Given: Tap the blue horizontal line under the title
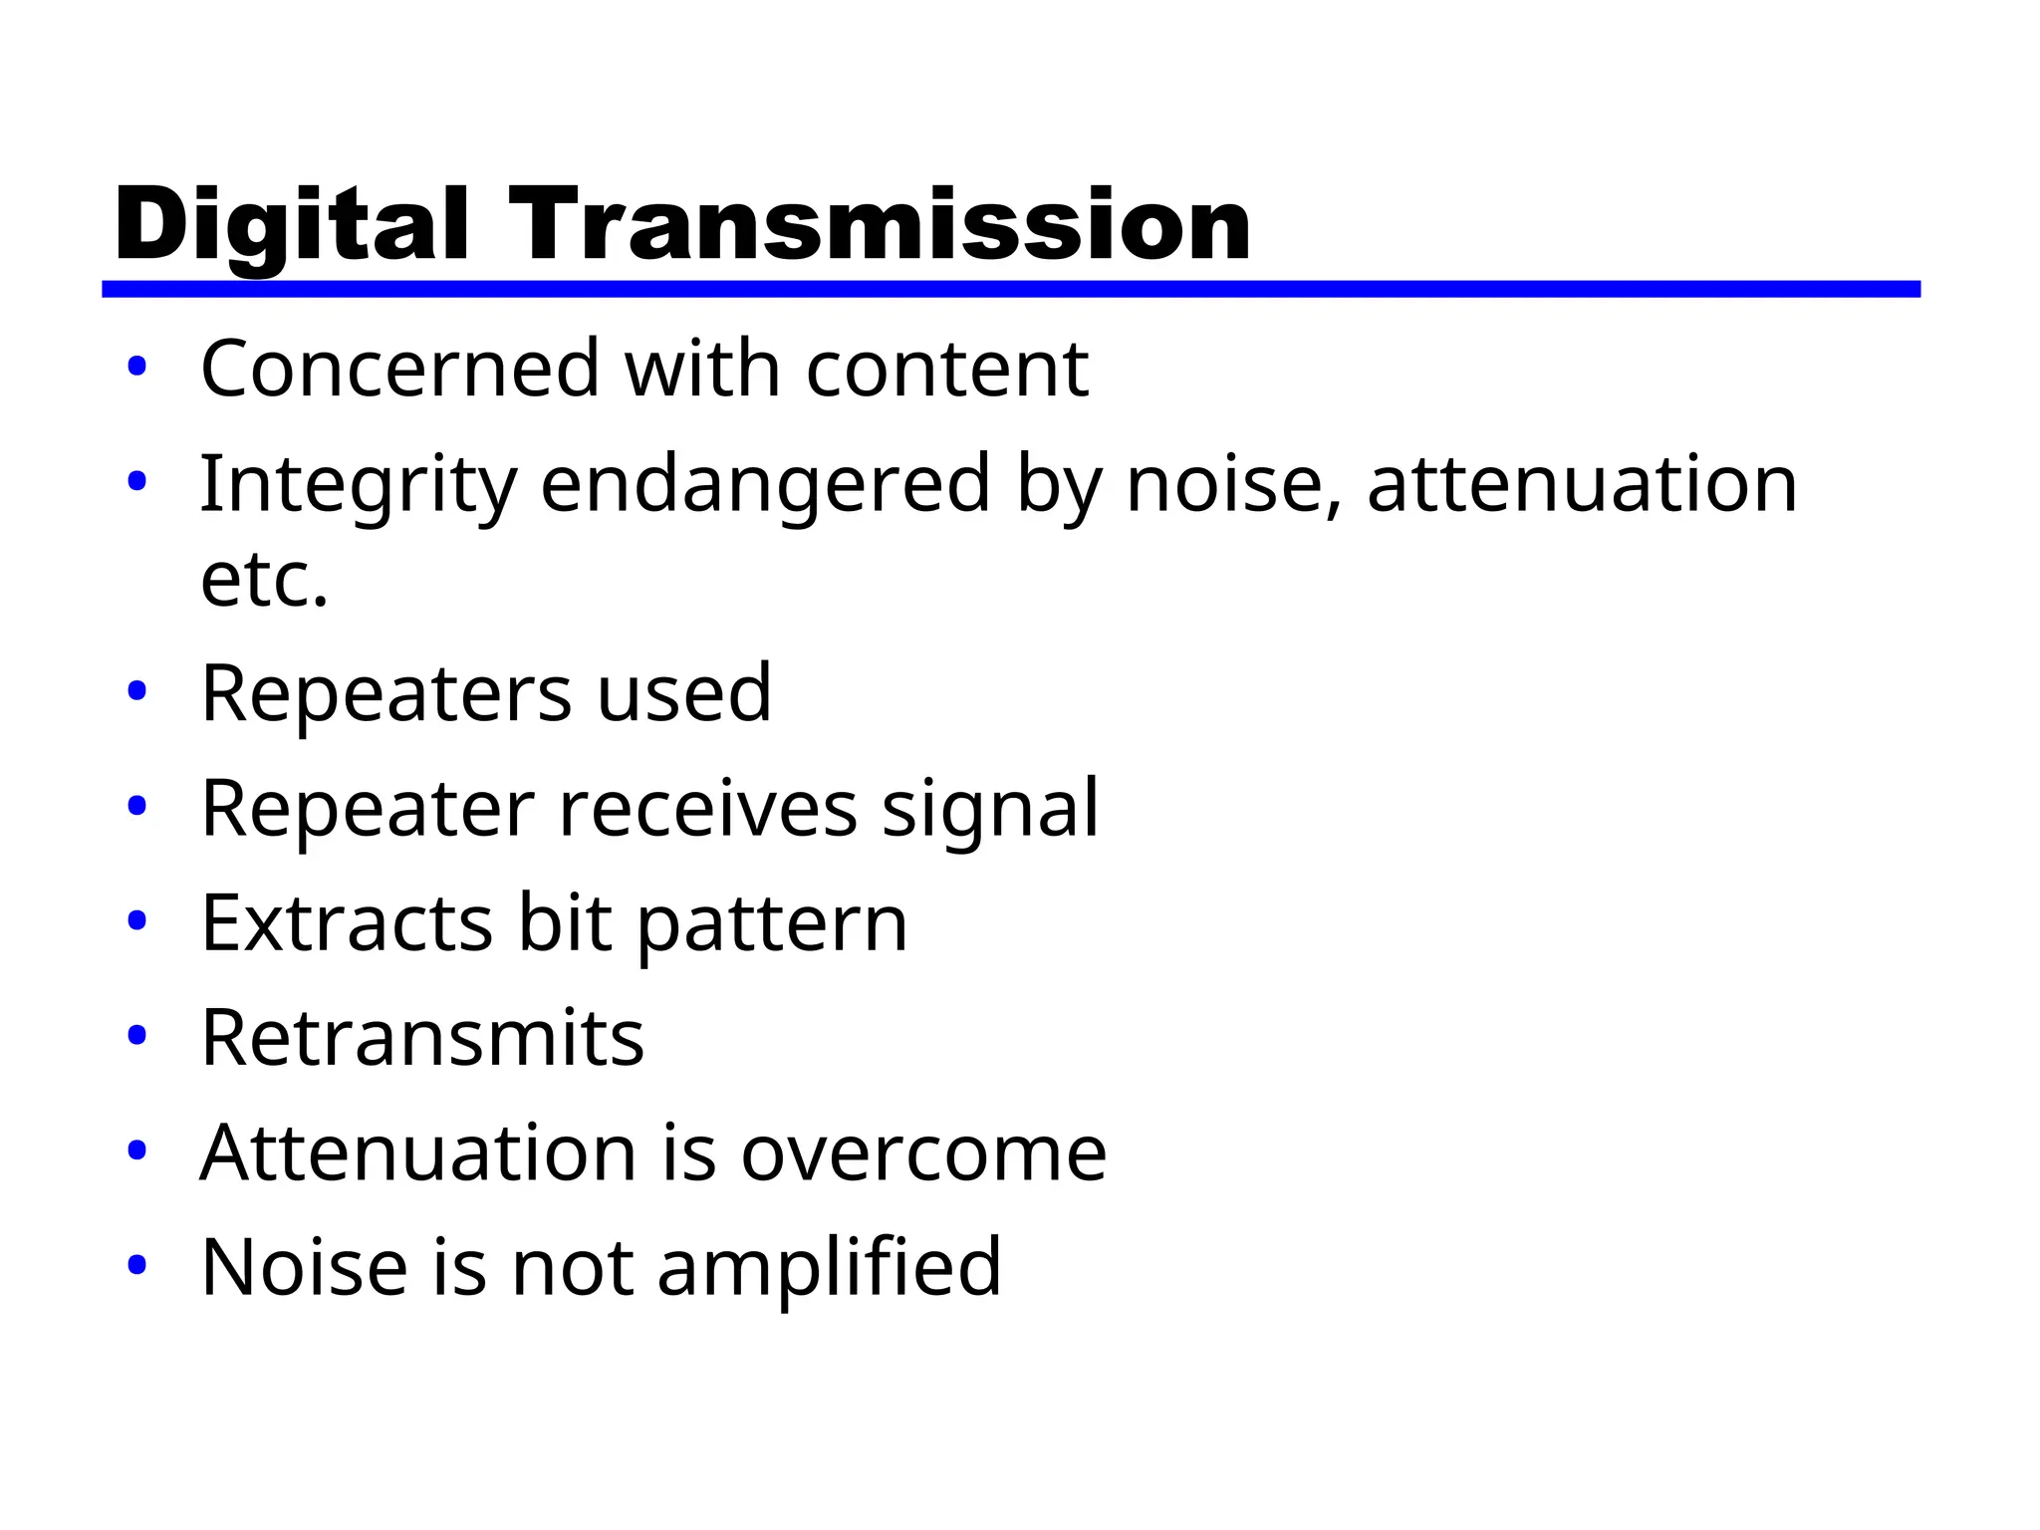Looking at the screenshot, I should tap(1010, 289).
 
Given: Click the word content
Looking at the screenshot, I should tap(946, 369).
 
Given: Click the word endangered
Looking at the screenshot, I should tap(765, 485).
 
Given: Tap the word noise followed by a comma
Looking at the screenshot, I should tap(1234, 485).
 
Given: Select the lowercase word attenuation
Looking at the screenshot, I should tap(1582, 485).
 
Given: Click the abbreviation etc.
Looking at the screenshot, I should tap(264, 580).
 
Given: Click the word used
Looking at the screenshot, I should tap(684, 693).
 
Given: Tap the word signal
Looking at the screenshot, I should tap(990, 808).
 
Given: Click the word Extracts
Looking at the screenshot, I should tap(347, 923).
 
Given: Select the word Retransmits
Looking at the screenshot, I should tap(422, 1038).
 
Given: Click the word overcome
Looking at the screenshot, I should tap(923, 1153).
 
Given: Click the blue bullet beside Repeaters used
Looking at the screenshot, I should tap(137, 690).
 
